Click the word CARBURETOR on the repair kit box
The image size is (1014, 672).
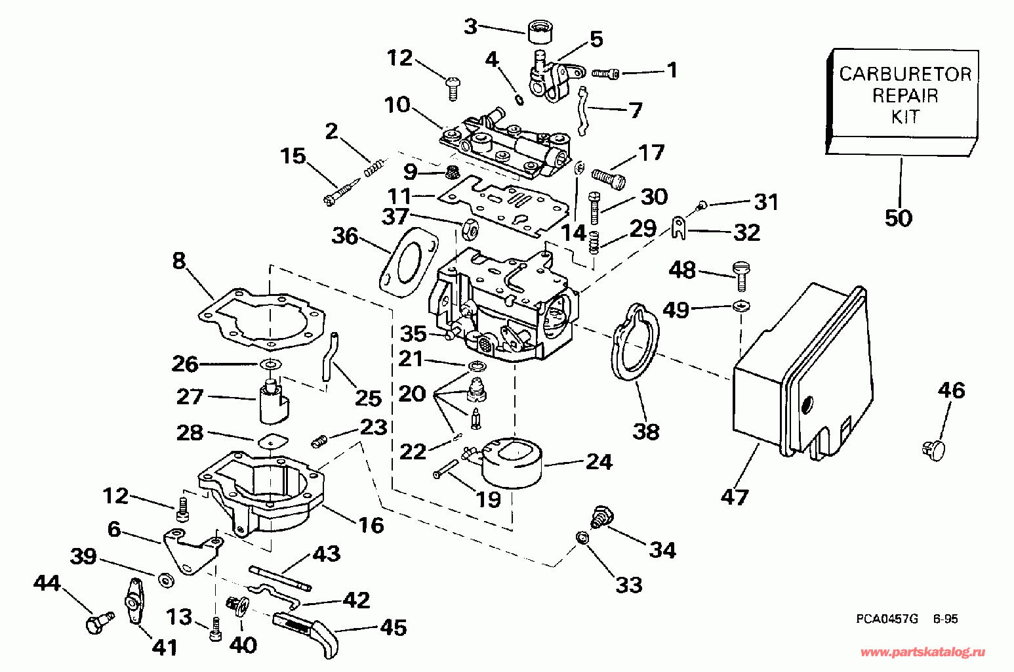point(904,73)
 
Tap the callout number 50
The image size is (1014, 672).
point(898,217)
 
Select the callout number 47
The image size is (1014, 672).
point(734,497)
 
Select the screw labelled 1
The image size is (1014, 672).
point(606,73)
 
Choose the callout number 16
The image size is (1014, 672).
point(371,524)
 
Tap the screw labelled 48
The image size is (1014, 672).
point(740,274)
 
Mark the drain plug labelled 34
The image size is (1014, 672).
point(599,515)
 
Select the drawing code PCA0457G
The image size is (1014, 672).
point(886,618)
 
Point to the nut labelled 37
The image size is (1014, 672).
point(470,228)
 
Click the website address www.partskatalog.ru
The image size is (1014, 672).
point(922,652)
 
